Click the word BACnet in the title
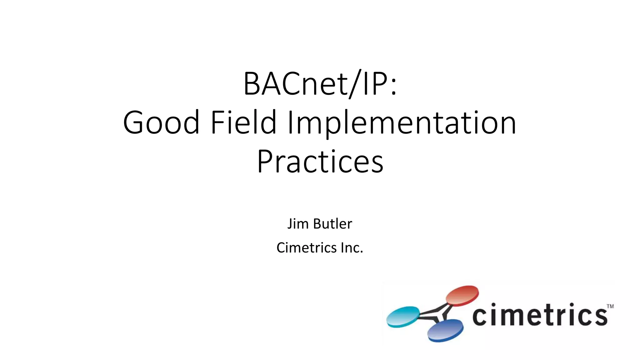[295, 84]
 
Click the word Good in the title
[161, 122]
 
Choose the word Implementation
[402, 123]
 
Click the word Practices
[320, 162]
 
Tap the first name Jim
[298, 224]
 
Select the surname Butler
[332, 224]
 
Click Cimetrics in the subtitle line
[306, 248]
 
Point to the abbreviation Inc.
[352, 248]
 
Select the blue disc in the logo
[445, 331]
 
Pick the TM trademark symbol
[610, 306]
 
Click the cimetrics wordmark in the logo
[540, 315]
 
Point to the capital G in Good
[135, 122]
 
